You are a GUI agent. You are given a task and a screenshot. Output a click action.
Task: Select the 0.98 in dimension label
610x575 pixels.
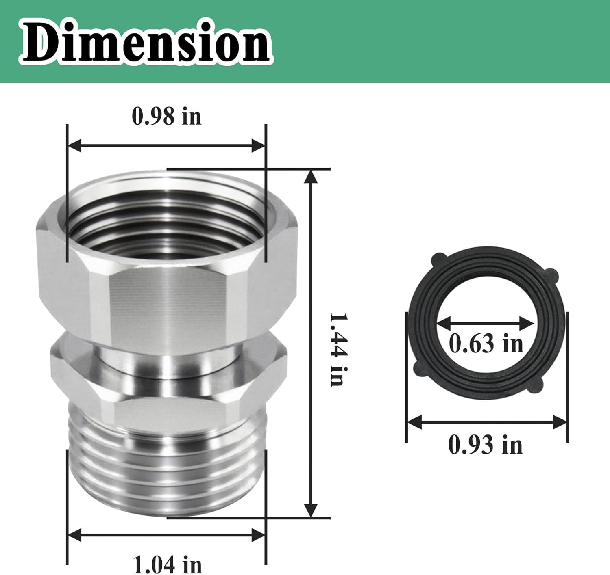[x=166, y=117]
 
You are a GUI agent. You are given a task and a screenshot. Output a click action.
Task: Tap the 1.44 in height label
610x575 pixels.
[x=337, y=349]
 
